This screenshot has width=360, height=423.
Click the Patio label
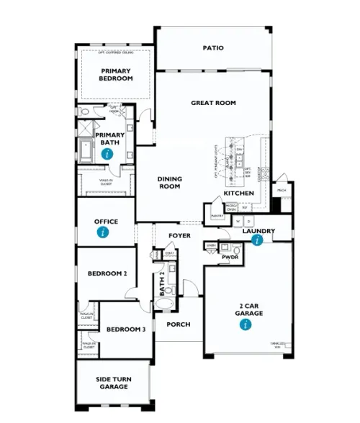tap(212, 48)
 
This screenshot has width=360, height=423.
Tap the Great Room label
tap(213, 103)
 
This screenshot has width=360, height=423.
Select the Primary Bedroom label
tap(116, 74)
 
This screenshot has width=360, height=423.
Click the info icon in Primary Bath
tap(107, 154)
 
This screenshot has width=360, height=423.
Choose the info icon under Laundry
tap(257, 240)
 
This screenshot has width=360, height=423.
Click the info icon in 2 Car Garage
tap(247, 325)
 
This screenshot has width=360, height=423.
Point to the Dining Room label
tap(170, 183)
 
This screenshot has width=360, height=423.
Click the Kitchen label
tap(239, 194)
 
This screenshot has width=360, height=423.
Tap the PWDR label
tap(230, 256)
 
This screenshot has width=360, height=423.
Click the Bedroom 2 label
tap(107, 273)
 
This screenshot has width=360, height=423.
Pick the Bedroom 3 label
tap(126, 329)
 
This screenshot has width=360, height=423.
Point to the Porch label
tap(179, 324)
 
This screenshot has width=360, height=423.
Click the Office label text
tap(106, 222)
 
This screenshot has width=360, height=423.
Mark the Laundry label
tap(258, 231)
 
